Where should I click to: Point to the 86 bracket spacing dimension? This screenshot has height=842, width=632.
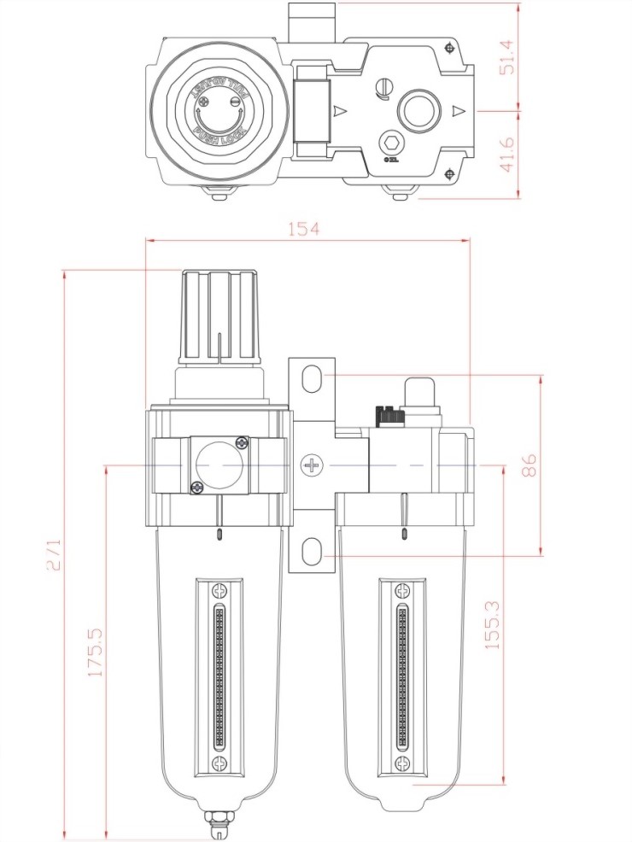[x=530, y=465]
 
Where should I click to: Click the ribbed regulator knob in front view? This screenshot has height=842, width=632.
[x=219, y=316]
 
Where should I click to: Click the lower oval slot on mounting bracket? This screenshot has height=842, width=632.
[x=313, y=549]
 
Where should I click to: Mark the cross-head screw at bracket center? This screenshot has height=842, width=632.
[x=313, y=465]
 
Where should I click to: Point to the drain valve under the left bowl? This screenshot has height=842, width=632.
[x=219, y=825]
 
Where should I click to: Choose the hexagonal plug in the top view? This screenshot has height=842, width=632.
[x=390, y=143]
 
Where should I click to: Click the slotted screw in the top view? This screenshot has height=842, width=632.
[x=383, y=86]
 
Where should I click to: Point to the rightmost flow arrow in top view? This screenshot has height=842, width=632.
[x=459, y=111]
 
